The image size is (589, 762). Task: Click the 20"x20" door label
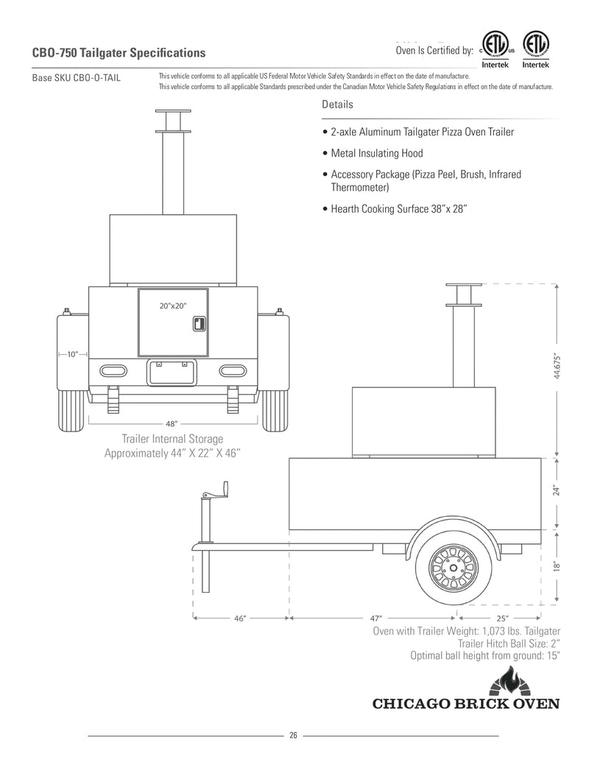173,306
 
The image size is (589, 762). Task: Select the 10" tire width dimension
72,354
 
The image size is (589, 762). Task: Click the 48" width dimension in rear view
172,423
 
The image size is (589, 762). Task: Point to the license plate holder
172,373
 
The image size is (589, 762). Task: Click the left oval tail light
114,370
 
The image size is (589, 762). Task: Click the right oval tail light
231,370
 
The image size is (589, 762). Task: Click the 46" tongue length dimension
240,618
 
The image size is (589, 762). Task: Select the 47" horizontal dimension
374,618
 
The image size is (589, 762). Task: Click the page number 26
293,735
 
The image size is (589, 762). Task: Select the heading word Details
337,105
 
